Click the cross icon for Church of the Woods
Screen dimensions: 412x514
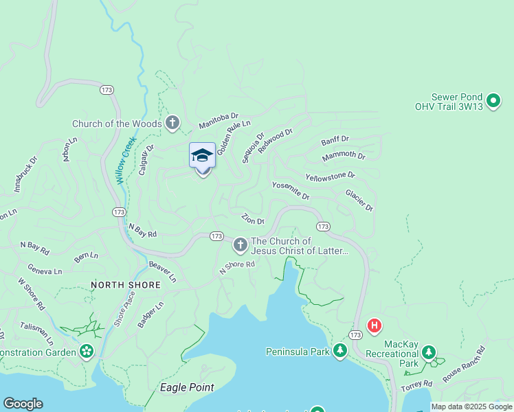tap(172, 124)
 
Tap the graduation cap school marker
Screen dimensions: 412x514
tap(202, 155)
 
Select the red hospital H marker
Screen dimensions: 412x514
tap(375, 325)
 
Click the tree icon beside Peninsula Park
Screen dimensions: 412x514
tap(340, 352)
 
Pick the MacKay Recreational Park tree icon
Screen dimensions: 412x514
tap(429, 352)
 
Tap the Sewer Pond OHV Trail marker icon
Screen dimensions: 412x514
tap(493, 102)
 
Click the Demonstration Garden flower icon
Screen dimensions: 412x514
tap(86, 352)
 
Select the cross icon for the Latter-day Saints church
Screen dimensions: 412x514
tap(240, 244)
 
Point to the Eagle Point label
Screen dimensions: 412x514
tap(186, 387)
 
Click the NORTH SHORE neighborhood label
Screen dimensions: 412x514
tap(126, 284)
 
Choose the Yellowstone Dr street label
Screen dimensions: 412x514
tap(331, 176)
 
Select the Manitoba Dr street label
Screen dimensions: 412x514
tap(218, 122)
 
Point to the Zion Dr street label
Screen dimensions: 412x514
tap(253, 219)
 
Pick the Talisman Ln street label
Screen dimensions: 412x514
tap(36, 333)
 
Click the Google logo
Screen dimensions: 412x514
tap(23, 404)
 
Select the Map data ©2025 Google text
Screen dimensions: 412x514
tap(471, 407)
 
